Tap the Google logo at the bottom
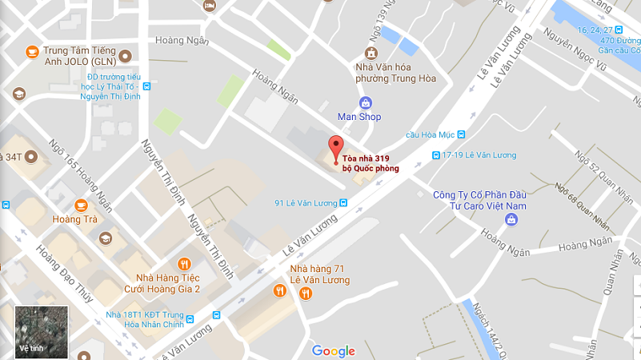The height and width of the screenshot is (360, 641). tap(334, 350)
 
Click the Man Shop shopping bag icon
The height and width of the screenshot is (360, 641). tap(365, 102)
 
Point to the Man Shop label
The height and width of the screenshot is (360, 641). tap(359, 117)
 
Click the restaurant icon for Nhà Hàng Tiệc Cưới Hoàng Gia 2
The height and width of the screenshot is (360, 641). tap(184, 263)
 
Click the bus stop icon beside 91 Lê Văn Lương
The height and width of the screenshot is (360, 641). tap(343, 202)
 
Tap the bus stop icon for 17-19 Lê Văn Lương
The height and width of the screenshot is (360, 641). tap(435, 155)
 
